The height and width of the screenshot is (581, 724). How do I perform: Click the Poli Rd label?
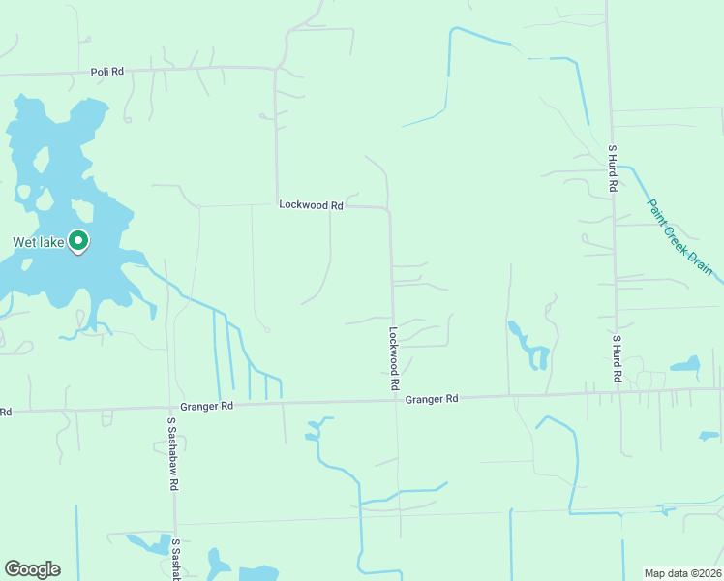tap(108, 72)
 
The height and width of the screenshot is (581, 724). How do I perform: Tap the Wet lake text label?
tap(38, 243)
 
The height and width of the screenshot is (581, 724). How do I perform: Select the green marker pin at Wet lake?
tap(78, 240)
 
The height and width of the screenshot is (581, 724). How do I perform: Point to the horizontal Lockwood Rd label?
tap(311, 205)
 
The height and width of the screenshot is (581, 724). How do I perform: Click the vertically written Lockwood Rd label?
tap(395, 357)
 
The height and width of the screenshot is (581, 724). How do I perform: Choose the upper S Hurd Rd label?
tap(613, 168)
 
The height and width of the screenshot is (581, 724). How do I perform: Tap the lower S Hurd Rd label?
tap(616, 358)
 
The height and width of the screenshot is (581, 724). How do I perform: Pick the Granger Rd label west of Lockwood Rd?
tap(206, 407)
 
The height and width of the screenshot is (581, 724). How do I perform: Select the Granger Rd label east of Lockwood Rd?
tap(432, 399)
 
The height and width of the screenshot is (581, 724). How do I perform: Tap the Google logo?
tap(32, 569)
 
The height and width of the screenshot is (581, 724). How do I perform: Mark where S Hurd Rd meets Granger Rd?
tap(616, 392)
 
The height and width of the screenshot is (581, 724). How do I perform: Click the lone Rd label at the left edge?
tap(6, 412)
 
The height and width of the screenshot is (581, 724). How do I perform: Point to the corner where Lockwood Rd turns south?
tap(389, 209)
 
